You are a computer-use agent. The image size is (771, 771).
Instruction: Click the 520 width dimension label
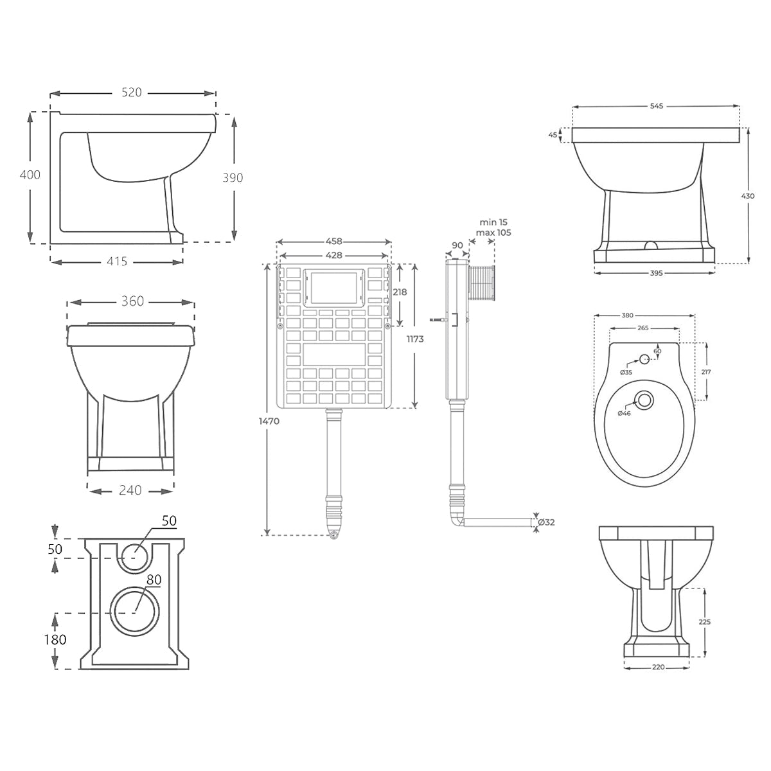(x=131, y=93)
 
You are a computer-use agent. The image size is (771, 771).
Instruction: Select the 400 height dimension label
(x=30, y=175)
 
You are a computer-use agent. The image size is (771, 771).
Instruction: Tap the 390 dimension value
(x=233, y=177)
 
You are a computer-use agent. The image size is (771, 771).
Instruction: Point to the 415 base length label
(x=117, y=261)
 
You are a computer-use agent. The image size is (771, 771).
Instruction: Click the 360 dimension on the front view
(x=132, y=301)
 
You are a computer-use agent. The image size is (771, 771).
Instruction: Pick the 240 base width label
(x=130, y=490)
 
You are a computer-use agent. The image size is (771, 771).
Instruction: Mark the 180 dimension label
(x=55, y=640)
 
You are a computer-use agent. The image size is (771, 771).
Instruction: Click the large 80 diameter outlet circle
(x=135, y=611)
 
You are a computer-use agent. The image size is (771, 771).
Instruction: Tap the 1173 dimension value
(x=415, y=339)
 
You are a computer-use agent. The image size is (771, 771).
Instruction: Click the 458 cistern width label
(x=333, y=242)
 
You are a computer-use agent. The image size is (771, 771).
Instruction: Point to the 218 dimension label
(x=399, y=292)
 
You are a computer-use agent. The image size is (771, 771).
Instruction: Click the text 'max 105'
(x=493, y=233)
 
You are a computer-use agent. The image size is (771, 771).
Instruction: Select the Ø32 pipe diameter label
(x=545, y=522)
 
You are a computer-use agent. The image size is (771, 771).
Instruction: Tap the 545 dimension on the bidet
(x=656, y=105)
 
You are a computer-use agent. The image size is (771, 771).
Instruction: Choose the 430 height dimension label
(x=749, y=196)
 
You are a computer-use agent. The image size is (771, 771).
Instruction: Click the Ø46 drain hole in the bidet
(x=645, y=401)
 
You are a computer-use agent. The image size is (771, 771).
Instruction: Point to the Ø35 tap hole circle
(x=643, y=359)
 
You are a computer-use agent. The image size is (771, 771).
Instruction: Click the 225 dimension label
(x=705, y=622)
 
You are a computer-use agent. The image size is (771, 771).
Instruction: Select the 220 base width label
(x=658, y=667)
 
